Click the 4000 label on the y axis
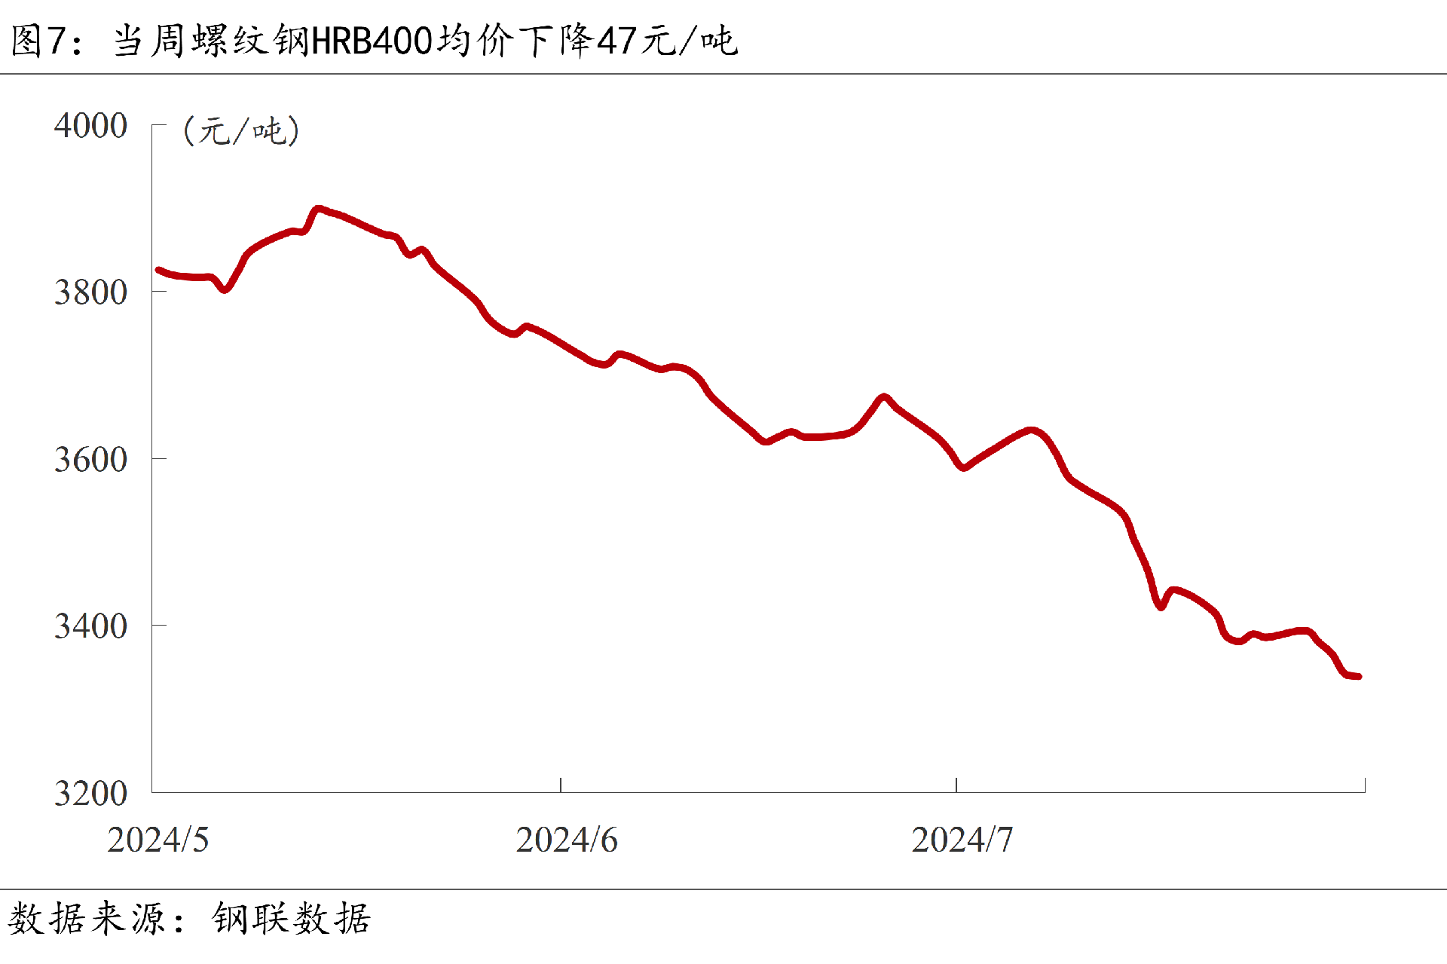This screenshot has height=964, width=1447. point(90,125)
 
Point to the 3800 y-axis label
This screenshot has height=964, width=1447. point(90,292)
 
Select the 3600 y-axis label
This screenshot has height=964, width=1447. point(90,459)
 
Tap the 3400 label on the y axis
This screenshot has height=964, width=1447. point(90,626)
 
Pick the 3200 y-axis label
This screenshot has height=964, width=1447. point(90,793)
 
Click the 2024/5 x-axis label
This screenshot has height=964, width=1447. point(158,840)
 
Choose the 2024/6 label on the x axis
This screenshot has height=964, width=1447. point(567,840)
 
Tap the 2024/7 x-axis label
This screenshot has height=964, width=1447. point(962,840)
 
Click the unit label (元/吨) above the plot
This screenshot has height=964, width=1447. point(241,131)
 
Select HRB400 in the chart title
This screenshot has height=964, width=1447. point(372,41)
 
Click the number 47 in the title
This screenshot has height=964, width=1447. point(617,41)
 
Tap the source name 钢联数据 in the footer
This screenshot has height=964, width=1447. point(291,919)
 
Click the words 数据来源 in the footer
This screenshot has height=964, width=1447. point(87,919)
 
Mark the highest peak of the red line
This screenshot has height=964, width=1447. point(318,209)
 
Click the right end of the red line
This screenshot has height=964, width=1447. point(1358,676)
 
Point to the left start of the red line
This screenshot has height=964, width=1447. point(158,270)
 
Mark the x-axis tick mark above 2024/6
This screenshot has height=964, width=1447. point(561,785)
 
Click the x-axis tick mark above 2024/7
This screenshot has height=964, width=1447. point(956,785)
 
